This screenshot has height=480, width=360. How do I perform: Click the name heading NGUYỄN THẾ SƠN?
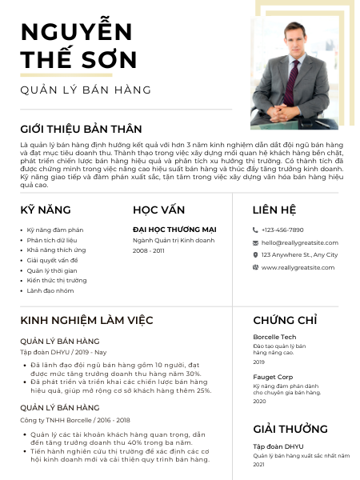tap(77, 46)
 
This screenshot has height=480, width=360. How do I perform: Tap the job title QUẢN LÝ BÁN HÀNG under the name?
tap(86, 90)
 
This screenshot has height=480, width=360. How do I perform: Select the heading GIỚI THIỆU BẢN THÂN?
tap(81, 129)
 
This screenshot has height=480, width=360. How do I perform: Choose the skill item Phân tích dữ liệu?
tap(52, 240)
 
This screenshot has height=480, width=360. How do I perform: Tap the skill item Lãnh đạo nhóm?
tap(50, 290)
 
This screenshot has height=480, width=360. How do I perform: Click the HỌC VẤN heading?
tap(159, 210)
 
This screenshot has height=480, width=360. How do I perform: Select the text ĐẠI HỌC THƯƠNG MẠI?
tap(174, 230)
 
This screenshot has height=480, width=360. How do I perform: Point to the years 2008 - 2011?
tap(149, 250)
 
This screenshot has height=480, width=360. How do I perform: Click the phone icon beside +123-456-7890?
tap(255, 230)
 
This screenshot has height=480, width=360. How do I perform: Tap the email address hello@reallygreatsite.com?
tap(300, 242)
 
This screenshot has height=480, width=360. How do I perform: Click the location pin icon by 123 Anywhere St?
tap(255, 254)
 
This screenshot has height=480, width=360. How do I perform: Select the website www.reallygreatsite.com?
tap(298, 267)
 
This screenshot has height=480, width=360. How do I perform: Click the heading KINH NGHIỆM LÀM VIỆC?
tap(86, 320)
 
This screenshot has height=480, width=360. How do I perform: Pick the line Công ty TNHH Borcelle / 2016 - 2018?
tap(75, 419)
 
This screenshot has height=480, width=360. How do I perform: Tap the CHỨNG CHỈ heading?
tap(285, 320)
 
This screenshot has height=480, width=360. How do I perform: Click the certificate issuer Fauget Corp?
tap(273, 376)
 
